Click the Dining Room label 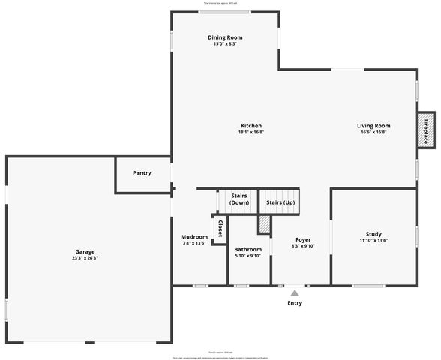(225, 37)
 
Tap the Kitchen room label (251, 125)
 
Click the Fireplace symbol (425, 131)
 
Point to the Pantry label (142, 173)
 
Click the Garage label (85, 251)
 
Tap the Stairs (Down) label (238, 199)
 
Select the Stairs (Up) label (280, 202)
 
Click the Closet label (220, 229)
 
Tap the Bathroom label (247, 249)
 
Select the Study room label (373, 234)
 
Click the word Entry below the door (295, 303)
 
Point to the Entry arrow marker (295, 292)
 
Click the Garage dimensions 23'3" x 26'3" (85, 258)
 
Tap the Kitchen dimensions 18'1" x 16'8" (251, 132)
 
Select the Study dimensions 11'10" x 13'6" (373, 241)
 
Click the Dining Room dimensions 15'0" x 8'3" (225, 44)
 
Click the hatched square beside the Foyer (264, 224)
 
